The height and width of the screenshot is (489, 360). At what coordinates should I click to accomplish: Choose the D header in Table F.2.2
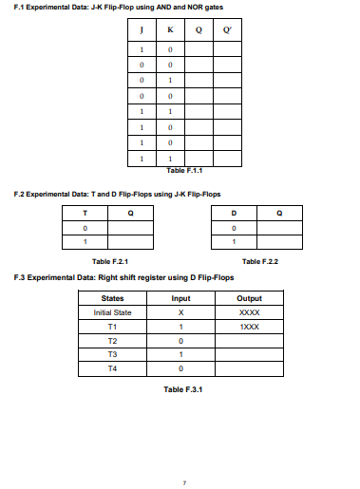coord(234,213)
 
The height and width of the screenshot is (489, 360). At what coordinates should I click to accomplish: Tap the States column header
coord(112,297)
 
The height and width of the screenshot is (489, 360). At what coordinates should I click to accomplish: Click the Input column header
coord(180,297)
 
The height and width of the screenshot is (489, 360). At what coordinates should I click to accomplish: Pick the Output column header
coord(250,297)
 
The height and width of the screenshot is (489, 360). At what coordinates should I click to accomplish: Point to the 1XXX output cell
coord(250,325)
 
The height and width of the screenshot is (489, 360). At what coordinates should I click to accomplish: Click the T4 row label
coord(112,366)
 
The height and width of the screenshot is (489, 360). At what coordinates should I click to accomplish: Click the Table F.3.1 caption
coord(183,388)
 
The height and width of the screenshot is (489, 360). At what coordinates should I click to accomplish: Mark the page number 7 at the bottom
coord(184,481)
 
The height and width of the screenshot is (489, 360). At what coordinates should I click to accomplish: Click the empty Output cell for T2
coord(250,338)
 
